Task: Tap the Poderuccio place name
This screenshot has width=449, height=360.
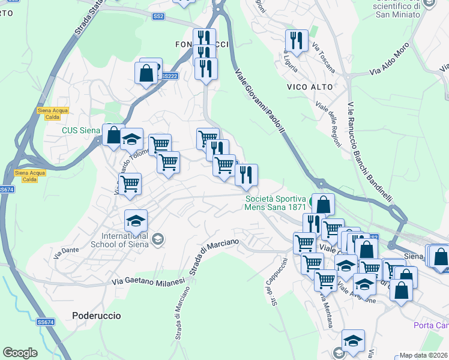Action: point(96,315)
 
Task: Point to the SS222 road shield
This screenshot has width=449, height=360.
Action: point(170,76)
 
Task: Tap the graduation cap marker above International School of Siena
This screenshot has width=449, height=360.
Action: point(136,221)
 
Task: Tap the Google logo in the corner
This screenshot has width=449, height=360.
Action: point(20,353)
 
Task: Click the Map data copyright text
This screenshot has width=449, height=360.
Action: point(424,355)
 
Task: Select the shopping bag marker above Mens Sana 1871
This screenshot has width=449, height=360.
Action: point(323,204)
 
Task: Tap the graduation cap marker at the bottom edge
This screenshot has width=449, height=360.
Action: point(354,340)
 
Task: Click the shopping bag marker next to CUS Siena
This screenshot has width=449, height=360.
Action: point(113,134)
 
